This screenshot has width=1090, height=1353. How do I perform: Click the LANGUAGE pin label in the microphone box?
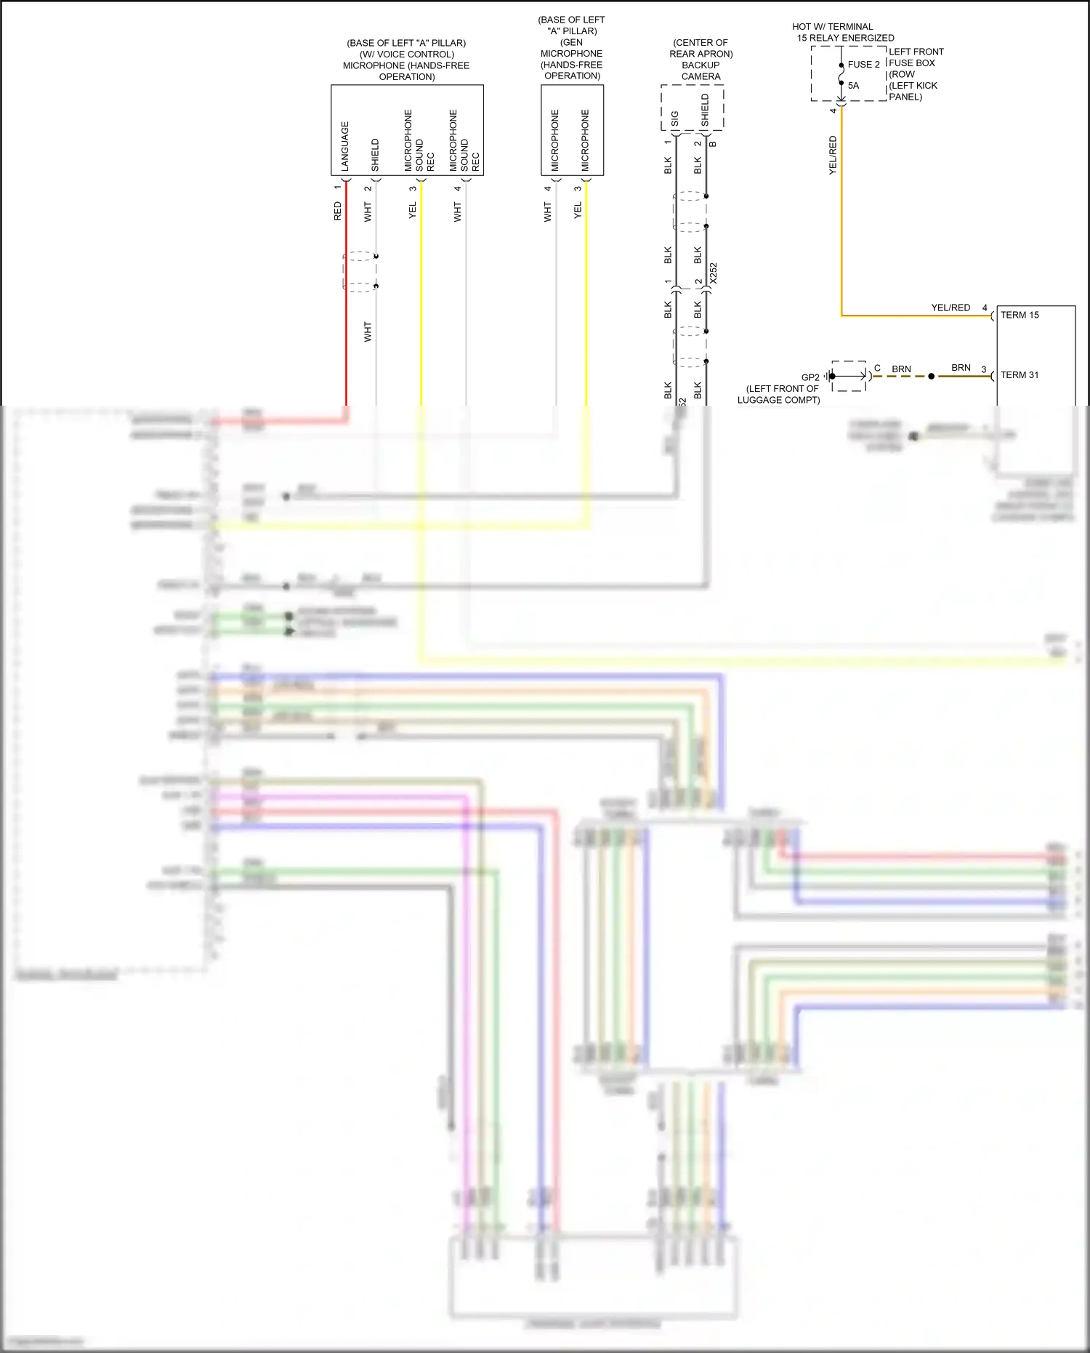(345, 146)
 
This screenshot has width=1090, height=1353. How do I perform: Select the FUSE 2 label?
(863, 64)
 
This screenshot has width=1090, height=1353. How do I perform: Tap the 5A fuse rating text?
(853, 85)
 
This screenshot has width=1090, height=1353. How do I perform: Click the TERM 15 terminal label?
(1020, 315)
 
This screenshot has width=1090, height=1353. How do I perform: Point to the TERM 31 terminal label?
(1020, 375)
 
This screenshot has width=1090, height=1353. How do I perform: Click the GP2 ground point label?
(810, 377)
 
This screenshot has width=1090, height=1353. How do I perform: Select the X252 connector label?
(714, 273)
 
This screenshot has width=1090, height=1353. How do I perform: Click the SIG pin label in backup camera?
(675, 119)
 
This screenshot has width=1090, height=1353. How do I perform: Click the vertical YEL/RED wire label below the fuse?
(833, 155)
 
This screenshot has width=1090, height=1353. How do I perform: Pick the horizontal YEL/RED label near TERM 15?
(950, 308)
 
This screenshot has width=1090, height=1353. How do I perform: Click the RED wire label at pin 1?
(337, 212)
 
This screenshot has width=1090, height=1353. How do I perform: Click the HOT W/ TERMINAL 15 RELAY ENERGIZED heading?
(843, 32)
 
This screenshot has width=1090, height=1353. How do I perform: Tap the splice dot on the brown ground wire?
(932, 376)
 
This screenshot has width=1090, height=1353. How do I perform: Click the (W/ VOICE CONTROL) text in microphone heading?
(407, 55)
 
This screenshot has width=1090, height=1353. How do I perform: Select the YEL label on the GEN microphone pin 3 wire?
(578, 210)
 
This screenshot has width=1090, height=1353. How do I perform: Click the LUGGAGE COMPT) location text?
(778, 400)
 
